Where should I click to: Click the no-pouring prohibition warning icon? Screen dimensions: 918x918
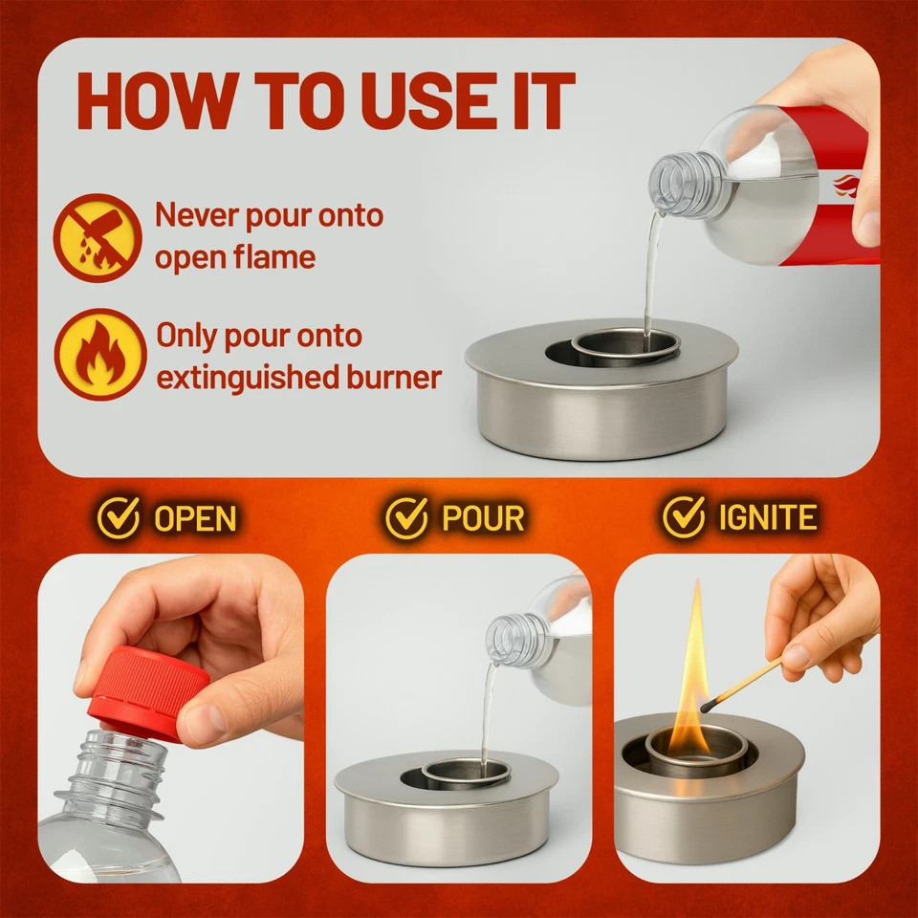(98, 237)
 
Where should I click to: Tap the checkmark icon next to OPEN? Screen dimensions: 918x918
(119, 516)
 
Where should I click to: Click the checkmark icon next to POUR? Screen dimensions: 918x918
(406, 516)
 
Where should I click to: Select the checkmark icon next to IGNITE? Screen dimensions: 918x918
(684, 516)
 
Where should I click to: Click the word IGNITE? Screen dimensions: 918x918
(768, 517)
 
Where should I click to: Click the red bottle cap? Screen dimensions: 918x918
(148, 690)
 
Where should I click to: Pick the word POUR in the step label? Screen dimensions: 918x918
(482, 517)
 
